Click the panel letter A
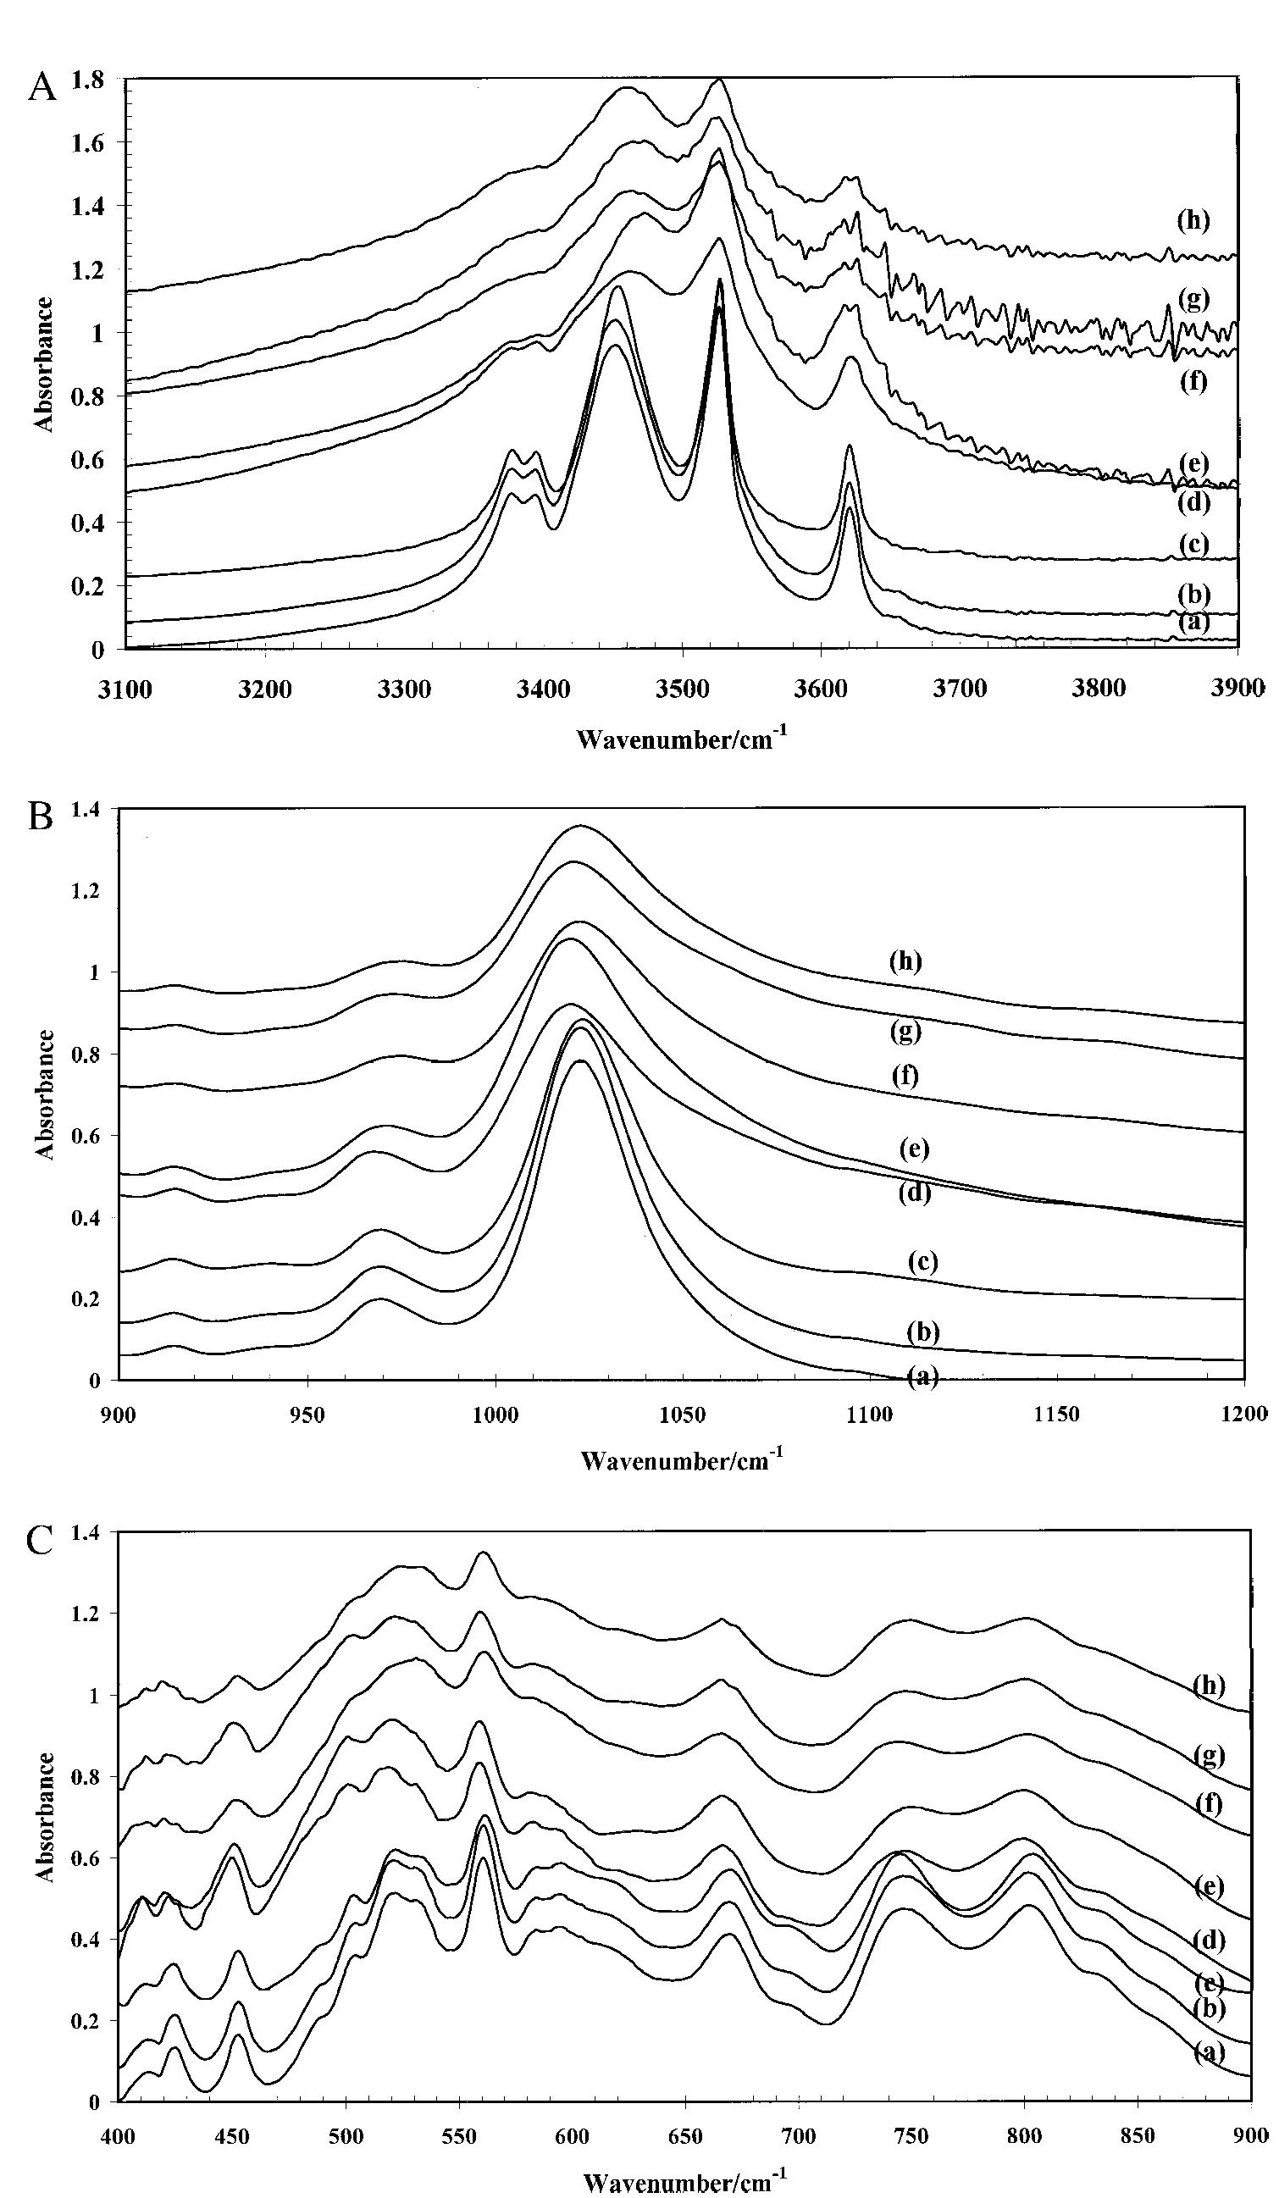(x=41, y=88)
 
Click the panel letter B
(x=41, y=818)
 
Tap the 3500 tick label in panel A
(x=682, y=690)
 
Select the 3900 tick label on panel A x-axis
(x=1237, y=690)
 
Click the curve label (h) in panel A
(x=1193, y=221)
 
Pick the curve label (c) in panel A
(x=1193, y=545)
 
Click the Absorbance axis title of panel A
(x=45, y=364)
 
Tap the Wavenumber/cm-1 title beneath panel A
(x=681, y=740)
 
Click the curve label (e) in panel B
(x=914, y=1149)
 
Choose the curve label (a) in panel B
(x=922, y=1377)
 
